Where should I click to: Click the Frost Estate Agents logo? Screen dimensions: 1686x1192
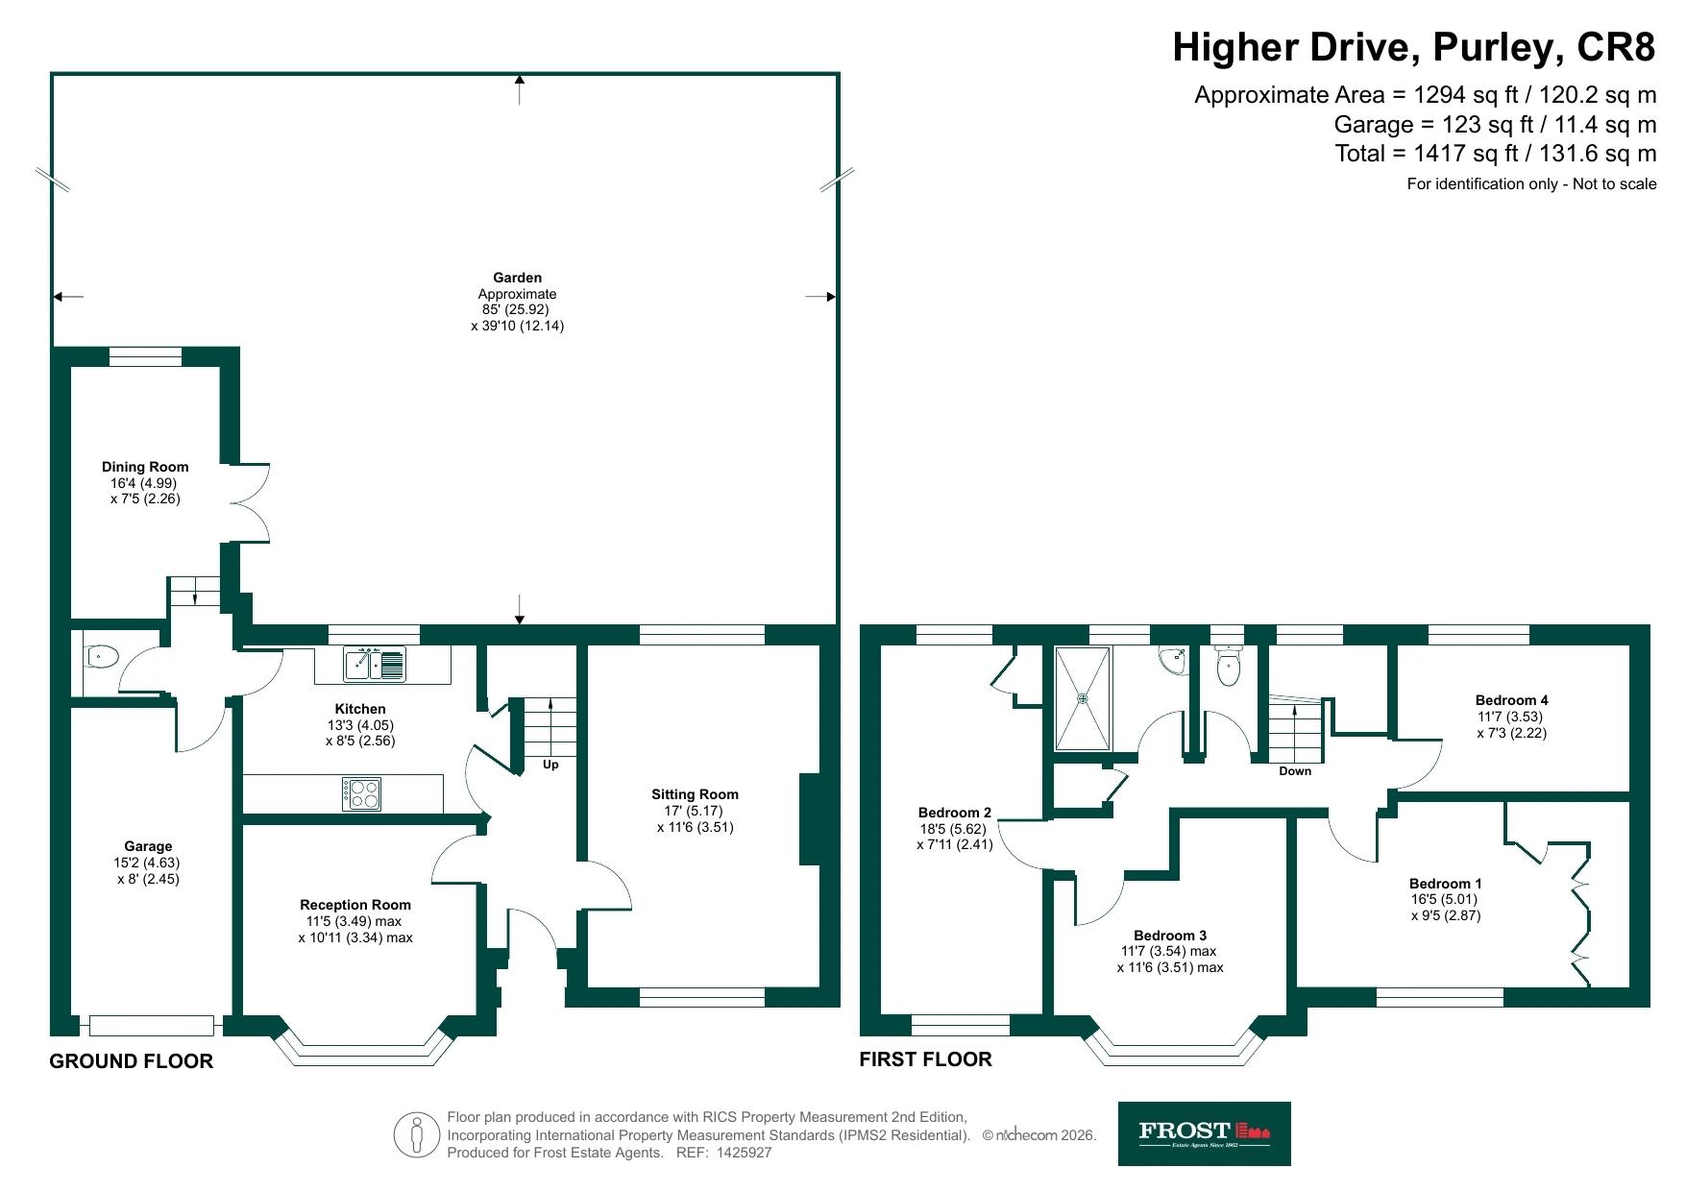(1204, 1133)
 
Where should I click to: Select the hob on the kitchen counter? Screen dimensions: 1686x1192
(361, 793)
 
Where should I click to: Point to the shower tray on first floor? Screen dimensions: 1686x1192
(1083, 698)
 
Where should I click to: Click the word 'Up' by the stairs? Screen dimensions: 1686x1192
(550, 765)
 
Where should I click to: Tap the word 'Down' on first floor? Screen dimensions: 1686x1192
(1295, 771)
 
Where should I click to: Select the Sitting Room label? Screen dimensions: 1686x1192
(695, 794)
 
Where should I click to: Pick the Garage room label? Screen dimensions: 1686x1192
(148, 846)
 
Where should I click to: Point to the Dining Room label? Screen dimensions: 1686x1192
(145, 467)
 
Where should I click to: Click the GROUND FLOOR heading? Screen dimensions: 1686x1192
(132, 1061)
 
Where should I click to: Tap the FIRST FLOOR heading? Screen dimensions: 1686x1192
(925, 1059)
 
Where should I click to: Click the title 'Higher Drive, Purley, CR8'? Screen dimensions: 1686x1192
(1414, 46)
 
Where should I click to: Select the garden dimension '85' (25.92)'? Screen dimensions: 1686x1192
(515, 310)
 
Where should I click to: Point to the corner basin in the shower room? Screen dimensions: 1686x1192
(1173, 658)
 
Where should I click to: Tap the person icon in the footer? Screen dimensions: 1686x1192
(416, 1134)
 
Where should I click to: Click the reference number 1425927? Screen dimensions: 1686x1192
(744, 1153)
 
